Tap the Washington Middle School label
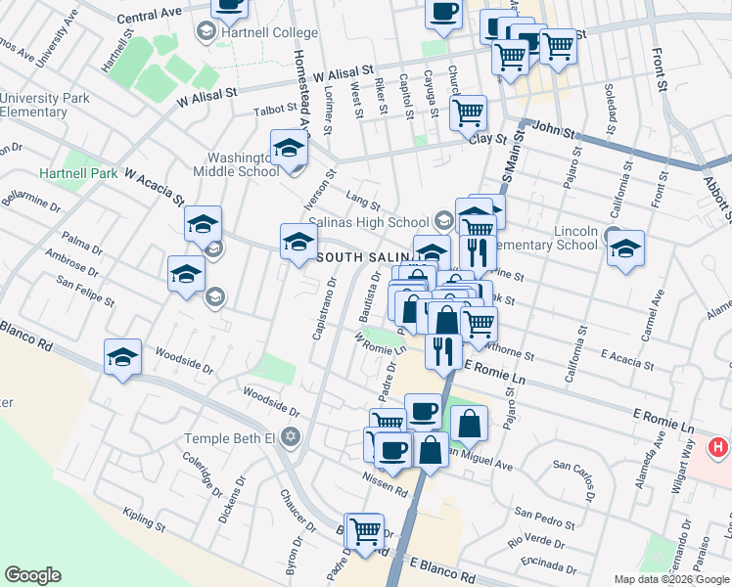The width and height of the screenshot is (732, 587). point(244,164)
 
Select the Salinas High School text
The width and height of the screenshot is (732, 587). point(369,222)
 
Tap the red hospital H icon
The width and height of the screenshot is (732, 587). point(719,448)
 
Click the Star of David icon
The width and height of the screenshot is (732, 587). point(290,436)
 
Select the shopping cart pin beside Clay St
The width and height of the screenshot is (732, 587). point(469,113)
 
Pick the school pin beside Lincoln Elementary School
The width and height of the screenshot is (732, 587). point(625,249)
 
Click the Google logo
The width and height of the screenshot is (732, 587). point(32,575)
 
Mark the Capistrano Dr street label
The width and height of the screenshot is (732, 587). point(324,309)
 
